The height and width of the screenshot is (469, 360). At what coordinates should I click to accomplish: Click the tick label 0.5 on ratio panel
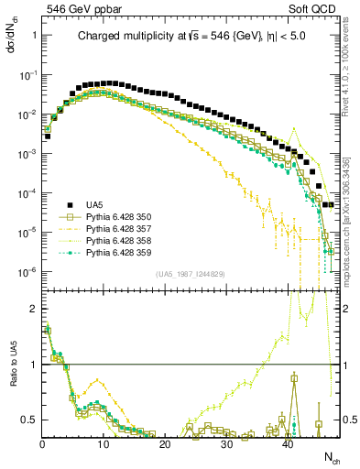[29, 420]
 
